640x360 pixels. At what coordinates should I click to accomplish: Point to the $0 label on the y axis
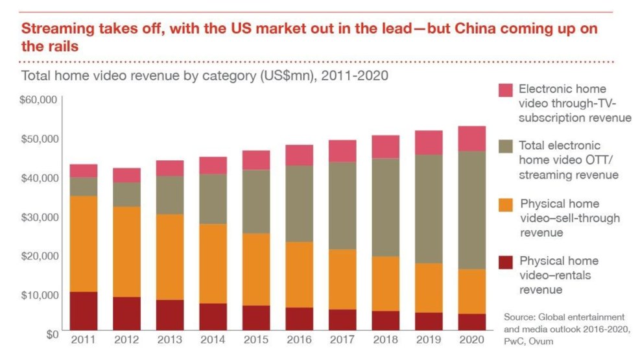point(52,333)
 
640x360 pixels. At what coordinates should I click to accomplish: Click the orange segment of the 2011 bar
point(84,244)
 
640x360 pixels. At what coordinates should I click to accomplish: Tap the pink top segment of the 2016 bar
point(300,155)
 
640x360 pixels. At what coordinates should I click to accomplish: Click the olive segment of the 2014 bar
point(213,199)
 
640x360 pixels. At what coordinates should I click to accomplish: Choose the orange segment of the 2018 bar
point(386,283)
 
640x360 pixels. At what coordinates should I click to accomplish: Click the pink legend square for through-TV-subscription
point(506,90)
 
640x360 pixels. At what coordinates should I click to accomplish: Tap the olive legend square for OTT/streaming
point(506,147)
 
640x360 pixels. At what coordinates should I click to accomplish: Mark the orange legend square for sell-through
point(506,205)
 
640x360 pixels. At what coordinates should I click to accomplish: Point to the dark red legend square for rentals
point(506,262)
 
